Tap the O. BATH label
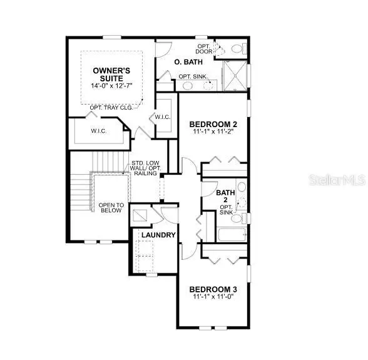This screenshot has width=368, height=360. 185,61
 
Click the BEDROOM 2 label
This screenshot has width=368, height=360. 213,124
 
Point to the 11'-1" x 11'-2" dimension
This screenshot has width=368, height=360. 213,133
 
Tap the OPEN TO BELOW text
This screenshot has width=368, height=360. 111,208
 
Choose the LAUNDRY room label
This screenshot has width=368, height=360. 158,235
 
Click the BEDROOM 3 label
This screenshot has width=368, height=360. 213,289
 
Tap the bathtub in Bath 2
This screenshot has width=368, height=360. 232,235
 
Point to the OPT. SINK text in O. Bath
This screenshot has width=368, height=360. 192,76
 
